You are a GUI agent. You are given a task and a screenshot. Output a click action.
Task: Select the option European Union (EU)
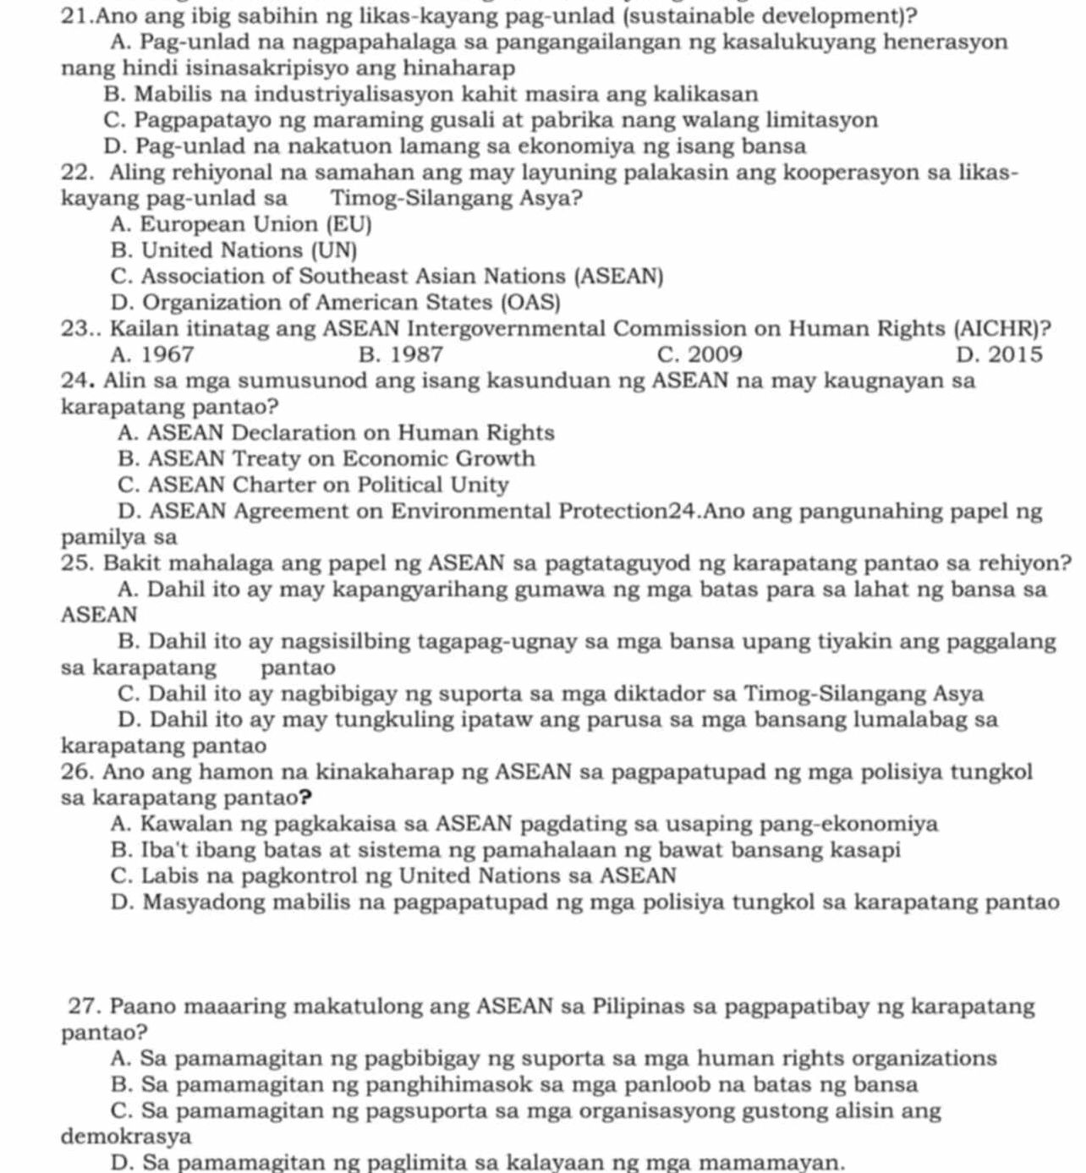click(240, 224)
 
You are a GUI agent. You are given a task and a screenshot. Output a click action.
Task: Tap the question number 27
click(85, 1006)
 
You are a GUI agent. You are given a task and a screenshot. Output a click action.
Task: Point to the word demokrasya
click(126, 1136)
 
